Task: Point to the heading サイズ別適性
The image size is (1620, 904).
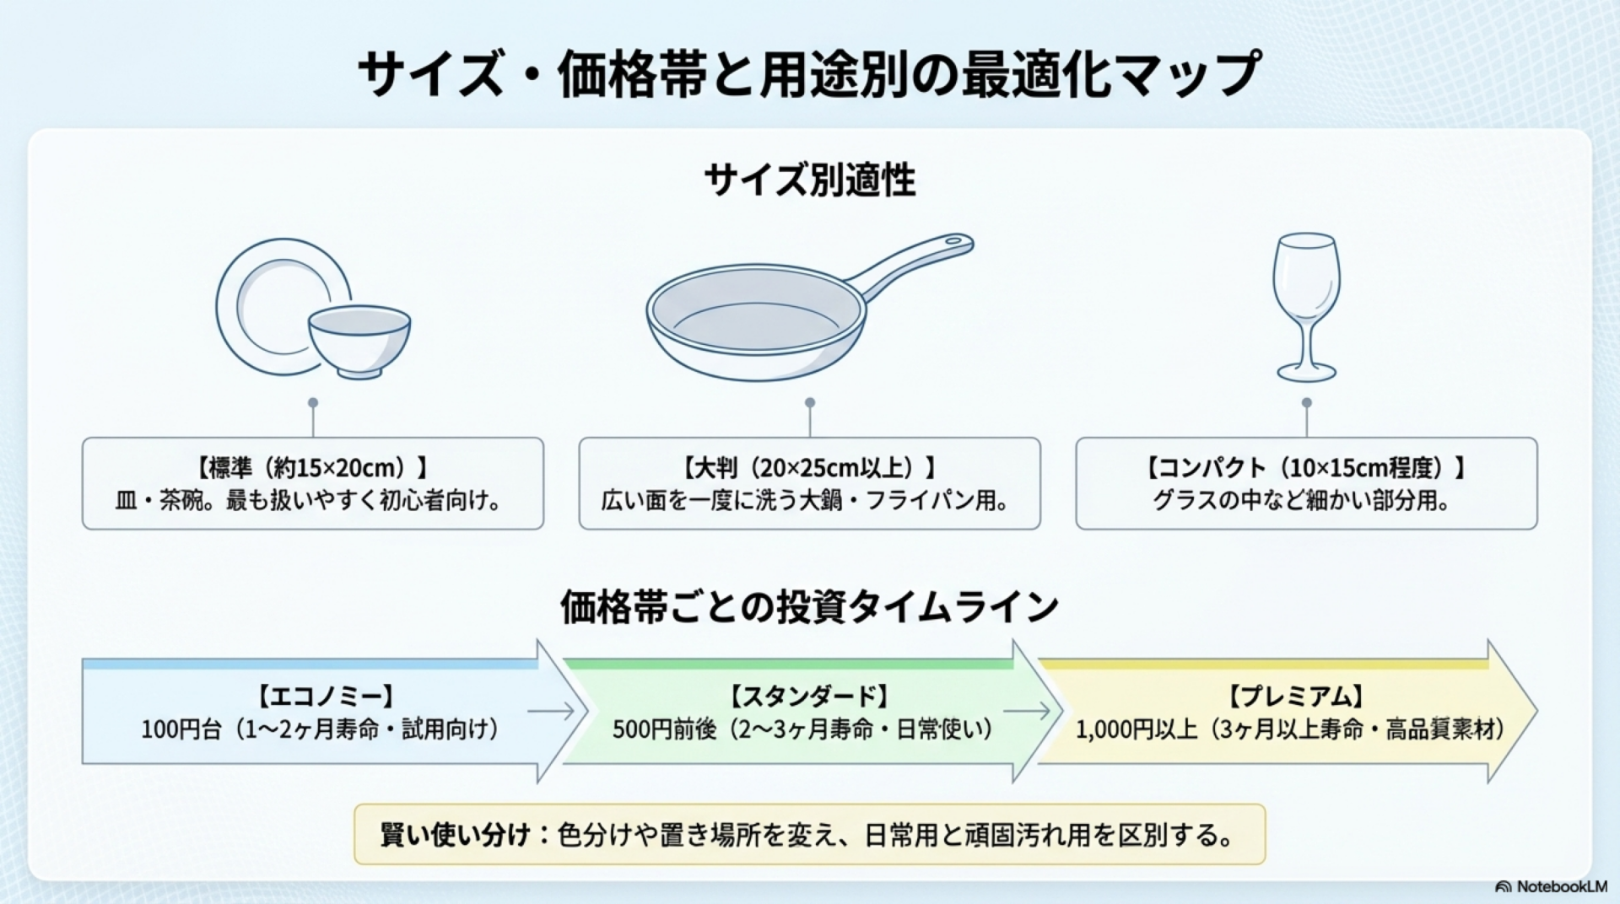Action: tap(809, 180)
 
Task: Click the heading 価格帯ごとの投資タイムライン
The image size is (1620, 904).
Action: tap(809, 606)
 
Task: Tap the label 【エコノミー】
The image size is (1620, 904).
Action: tap(324, 697)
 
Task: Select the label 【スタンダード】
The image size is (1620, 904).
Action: tap(809, 697)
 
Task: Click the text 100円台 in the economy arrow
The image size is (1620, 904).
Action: tap(181, 729)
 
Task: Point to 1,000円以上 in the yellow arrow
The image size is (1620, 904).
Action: tap(1136, 729)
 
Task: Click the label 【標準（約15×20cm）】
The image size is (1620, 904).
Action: tap(313, 468)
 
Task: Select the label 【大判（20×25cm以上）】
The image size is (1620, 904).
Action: tap(809, 468)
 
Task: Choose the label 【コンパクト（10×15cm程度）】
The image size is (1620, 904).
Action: tap(1306, 468)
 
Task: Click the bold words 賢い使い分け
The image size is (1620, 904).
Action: tap(456, 836)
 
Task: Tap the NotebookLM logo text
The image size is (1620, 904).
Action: tap(1561, 886)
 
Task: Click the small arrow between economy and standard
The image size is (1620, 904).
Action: tap(550, 712)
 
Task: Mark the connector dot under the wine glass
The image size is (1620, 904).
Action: tap(1306, 403)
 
